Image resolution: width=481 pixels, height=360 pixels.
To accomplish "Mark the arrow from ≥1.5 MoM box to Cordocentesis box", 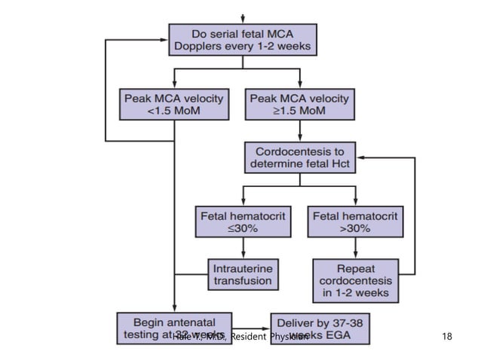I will click(x=300, y=130).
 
